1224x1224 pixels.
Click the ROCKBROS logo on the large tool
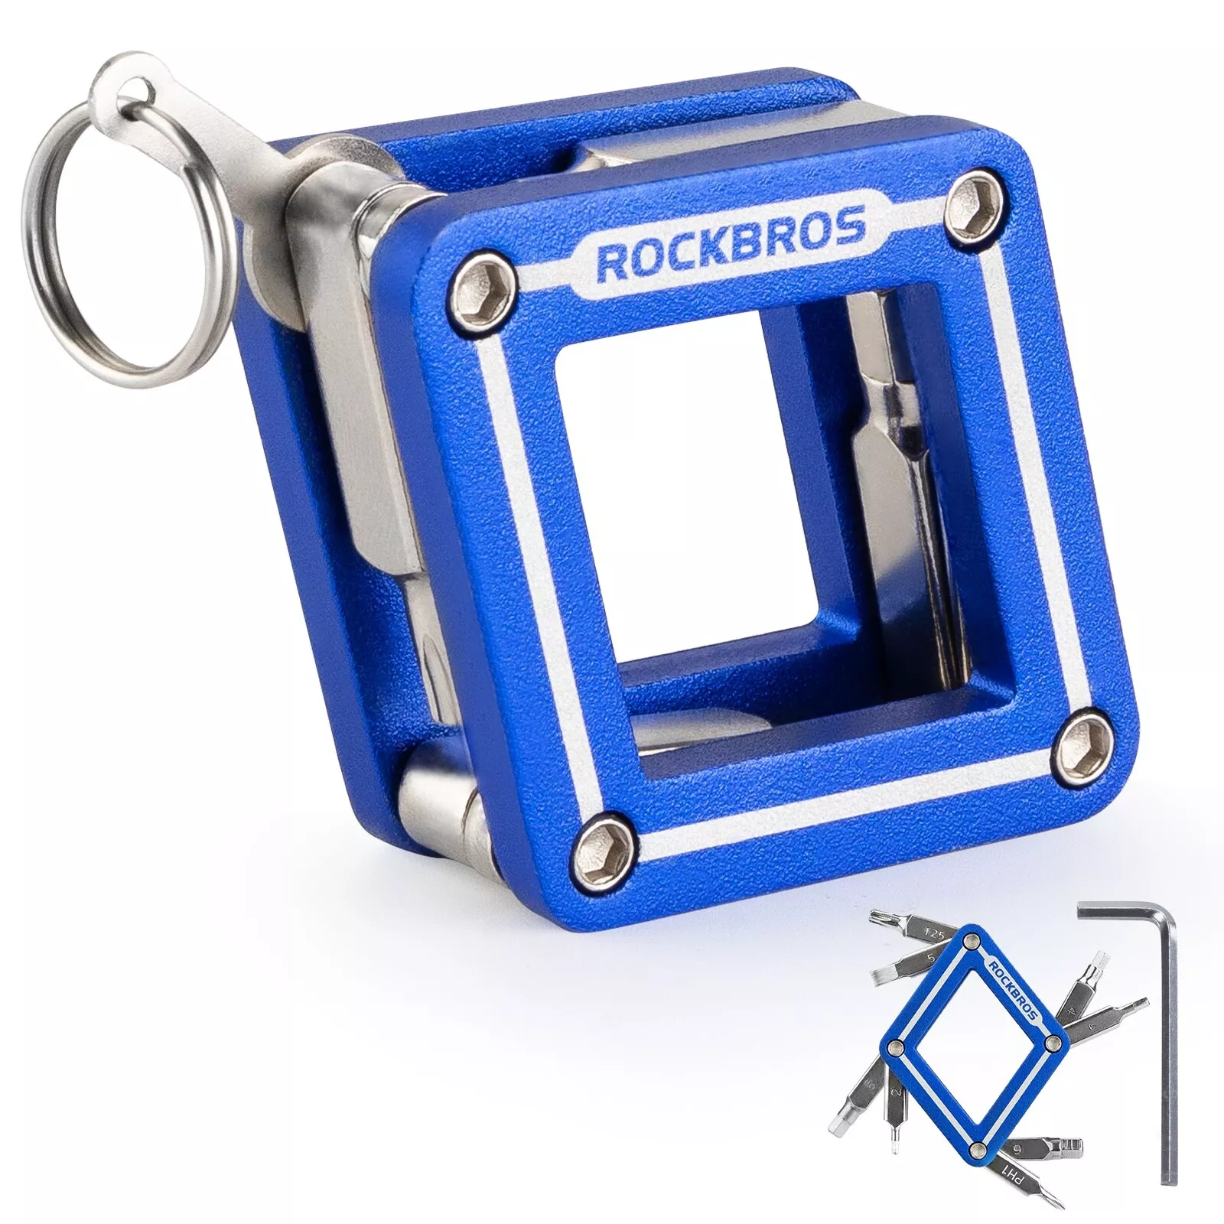731,249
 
